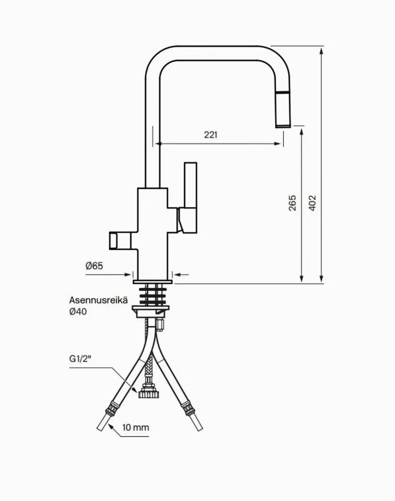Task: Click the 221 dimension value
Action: pos(211,135)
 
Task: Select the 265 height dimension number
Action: pos(293,203)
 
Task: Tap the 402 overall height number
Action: pos(312,203)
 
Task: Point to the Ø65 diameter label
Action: pos(94,266)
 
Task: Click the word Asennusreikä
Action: pos(98,300)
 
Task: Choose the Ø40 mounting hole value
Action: pos(78,311)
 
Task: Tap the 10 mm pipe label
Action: pos(136,428)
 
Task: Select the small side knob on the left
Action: pos(120,241)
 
